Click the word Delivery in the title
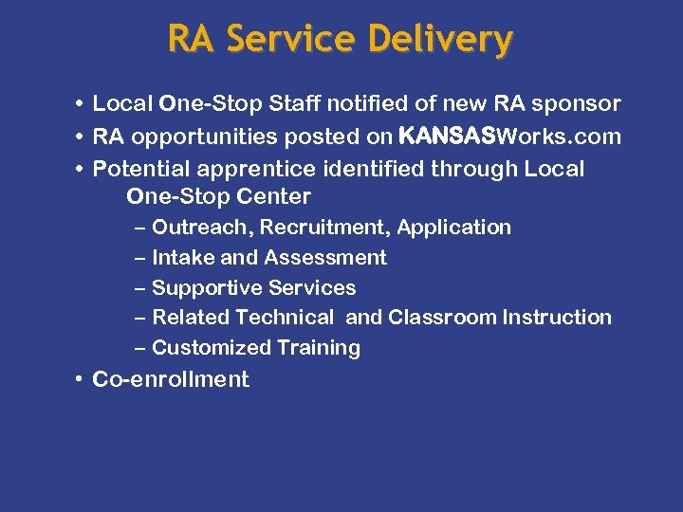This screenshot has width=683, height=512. pos(440,40)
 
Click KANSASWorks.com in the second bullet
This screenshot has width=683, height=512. pos(509,137)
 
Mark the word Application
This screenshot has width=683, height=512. pos(454,228)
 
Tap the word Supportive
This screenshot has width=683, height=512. pos(207,288)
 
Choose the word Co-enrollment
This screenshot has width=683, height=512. pos(171,380)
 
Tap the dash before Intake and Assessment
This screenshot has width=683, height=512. pos(141,258)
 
